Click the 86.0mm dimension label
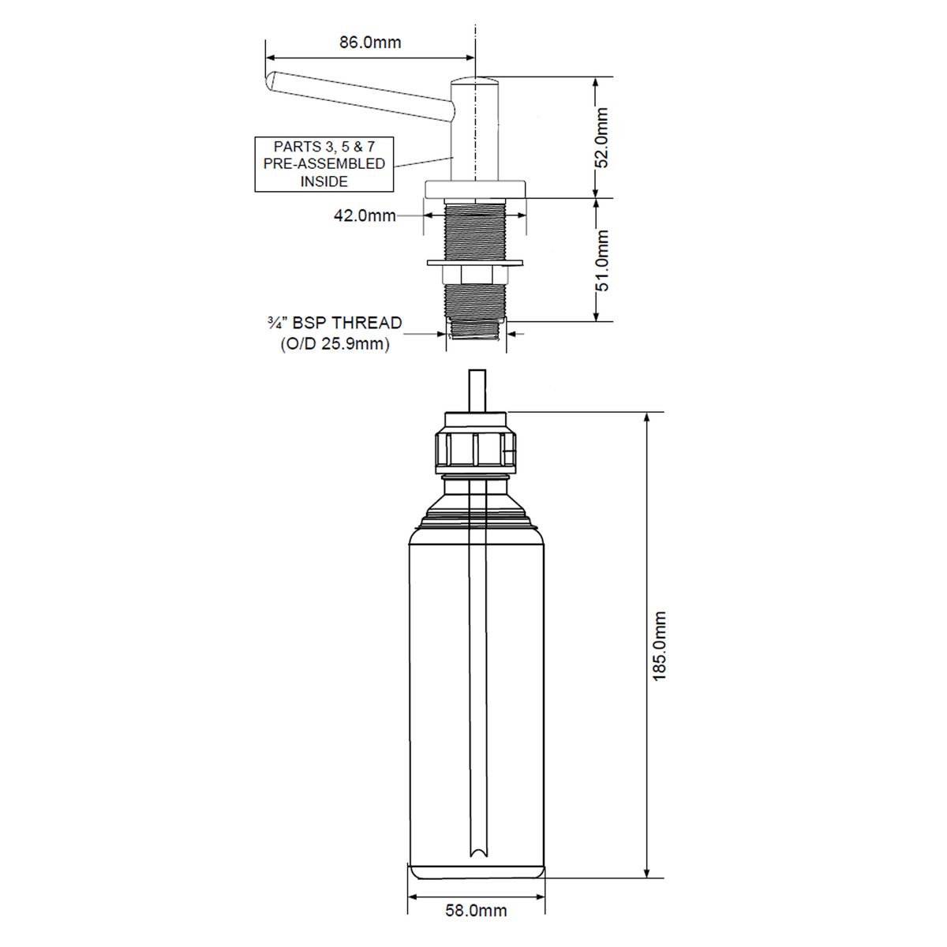[370, 43]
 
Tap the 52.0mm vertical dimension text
[601, 137]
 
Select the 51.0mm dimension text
[601, 260]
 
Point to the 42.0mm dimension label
[365, 215]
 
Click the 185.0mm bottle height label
[659, 646]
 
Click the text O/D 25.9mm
[335, 343]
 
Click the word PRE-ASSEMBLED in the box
[324, 163]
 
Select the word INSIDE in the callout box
[324, 182]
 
